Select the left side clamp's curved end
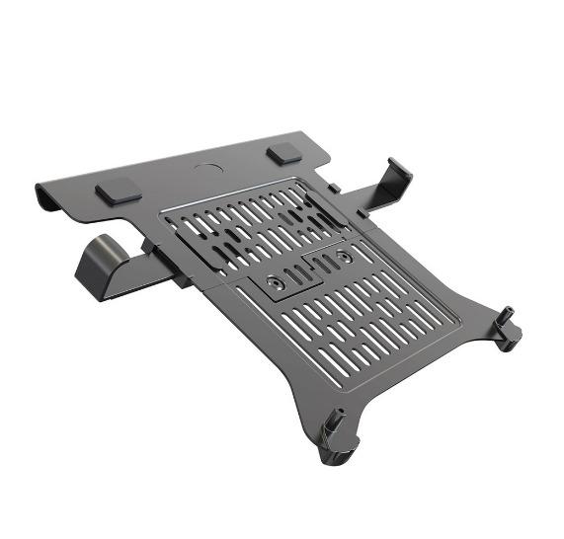pyautogui.click(x=95, y=263)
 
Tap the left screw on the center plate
pyautogui.click(x=276, y=282)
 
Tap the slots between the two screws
pyautogui.click(x=308, y=269)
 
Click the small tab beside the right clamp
pyautogui.click(x=336, y=188)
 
